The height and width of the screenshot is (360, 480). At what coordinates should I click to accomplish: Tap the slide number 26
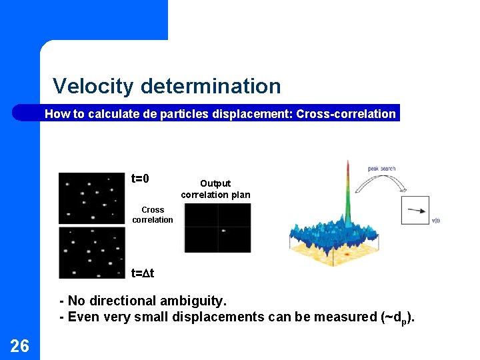pos(19,345)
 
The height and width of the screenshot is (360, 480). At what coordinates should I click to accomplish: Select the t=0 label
pos(140,179)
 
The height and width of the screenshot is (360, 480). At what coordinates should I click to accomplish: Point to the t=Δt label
pos(143,273)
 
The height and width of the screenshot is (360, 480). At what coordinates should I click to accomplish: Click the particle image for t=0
pos(91,198)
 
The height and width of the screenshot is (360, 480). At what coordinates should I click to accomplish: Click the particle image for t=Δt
pos(91,253)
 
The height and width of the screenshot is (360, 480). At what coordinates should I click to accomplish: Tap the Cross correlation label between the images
pos(153,215)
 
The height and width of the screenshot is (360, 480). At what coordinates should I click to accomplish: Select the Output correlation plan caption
pos(215,189)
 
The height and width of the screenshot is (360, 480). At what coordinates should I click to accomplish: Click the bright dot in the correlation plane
pos(223,231)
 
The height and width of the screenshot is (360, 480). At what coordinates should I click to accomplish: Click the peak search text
pos(381,169)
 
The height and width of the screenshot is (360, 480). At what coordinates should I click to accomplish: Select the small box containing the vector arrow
pos(415,210)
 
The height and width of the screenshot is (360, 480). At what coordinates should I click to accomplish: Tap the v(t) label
pos(436,221)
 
